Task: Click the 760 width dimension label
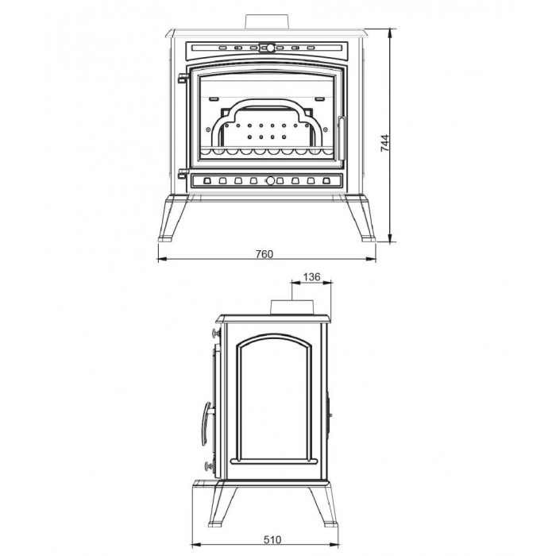[x=264, y=254]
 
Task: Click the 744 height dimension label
[x=384, y=143]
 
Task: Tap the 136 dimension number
[x=311, y=276]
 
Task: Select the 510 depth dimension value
[x=272, y=539]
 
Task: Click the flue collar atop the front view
[x=267, y=22]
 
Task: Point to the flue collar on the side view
[x=292, y=307]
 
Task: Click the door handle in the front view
[x=341, y=138]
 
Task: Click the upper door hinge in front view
[x=183, y=78]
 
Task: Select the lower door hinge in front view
[x=183, y=174]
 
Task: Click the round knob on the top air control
[x=270, y=48]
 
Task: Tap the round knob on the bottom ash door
[x=270, y=181]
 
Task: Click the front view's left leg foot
[x=165, y=238]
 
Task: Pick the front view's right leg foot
[x=368, y=238]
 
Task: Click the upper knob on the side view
[x=216, y=334]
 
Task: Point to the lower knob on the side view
[x=208, y=465]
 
